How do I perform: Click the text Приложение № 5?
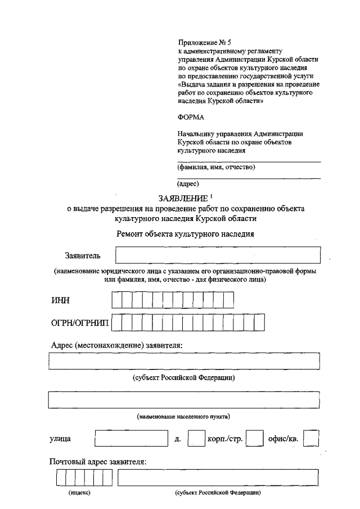point(201,42)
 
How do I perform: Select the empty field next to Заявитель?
point(218,255)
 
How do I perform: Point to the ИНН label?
point(60,301)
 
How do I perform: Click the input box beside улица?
point(130,438)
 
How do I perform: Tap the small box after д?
point(196,438)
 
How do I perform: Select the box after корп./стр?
point(255,438)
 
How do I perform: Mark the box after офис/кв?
point(311,438)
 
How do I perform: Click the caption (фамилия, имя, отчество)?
point(216,167)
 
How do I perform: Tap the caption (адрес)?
point(188,183)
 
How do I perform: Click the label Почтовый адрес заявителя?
point(97,462)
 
